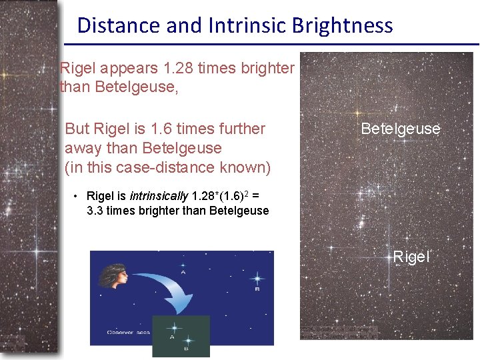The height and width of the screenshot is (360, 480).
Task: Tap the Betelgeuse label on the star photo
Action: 400,129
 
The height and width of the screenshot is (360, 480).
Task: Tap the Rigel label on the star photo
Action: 411,257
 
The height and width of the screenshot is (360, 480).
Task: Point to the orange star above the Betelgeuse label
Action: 357,113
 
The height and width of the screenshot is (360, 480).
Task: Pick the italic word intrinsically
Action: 159,196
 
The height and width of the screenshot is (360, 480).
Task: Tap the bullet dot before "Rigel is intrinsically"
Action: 77,196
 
